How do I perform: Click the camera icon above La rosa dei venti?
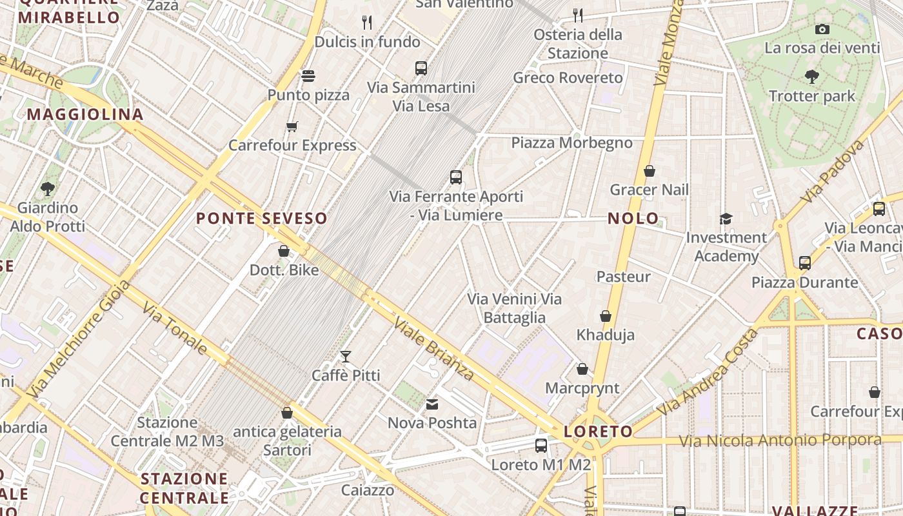pyautogui.click(x=822, y=29)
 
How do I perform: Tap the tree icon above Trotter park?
pyautogui.click(x=812, y=77)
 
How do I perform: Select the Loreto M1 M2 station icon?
pyautogui.click(x=541, y=445)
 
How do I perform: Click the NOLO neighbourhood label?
pyautogui.click(x=633, y=219)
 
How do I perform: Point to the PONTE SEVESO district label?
pyautogui.click(x=261, y=219)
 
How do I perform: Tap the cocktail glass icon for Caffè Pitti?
pyautogui.click(x=346, y=356)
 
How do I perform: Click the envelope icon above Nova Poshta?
pyautogui.click(x=432, y=404)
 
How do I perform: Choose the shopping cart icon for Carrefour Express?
pyautogui.click(x=292, y=126)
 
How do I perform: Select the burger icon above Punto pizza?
pyautogui.click(x=308, y=76)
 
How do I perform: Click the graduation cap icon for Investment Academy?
pyautogui.click(x=726, y=219)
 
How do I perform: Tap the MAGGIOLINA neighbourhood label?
pyautogui.click(x=85, y=115)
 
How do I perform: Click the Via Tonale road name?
pyautogui.click(x=175, y=329)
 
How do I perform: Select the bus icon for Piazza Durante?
pyautogui.click(x=804, y=263)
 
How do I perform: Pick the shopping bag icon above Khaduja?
pyautogui.click(x=605, y=316)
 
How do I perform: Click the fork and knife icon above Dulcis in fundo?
pyautogui.click(x=367, y=23)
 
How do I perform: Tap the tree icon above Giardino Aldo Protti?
pyautogui.click(x=47, y=189)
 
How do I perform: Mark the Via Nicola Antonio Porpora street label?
pyautogui.click(x=780, y=441)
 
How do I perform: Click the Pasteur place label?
pyautogui.click(x=623, y=277)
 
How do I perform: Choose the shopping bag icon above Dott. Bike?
pyautogui.click(x=284, y=251)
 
